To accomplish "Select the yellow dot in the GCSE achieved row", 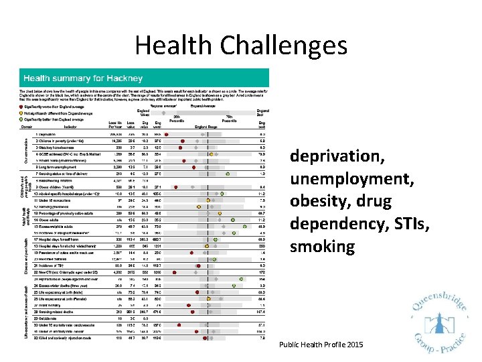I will pyautogui.click(x=211, y=153).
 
